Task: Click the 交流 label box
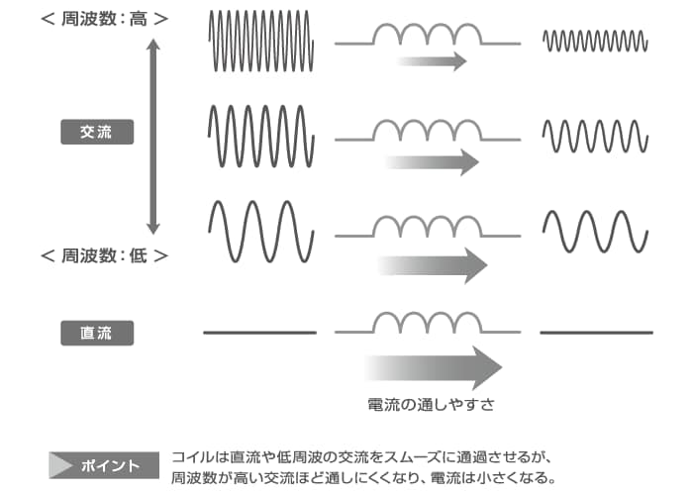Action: tap(97, 132)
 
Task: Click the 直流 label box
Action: tap(97, 333)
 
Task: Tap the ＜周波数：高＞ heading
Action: tap(105, 19)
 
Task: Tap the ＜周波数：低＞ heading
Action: tap(105, 255)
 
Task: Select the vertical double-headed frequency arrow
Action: tap(152, 136)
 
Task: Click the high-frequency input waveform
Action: tap(260, 41)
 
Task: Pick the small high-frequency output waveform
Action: tap(595, 41)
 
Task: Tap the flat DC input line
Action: tap(259, 333)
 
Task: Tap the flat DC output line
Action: tap(596, 333)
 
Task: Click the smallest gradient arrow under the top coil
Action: tap(433, 61)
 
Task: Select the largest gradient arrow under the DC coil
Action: tap(434, 367)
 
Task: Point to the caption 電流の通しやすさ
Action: tap(431, 404)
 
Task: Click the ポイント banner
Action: tap(104, 465)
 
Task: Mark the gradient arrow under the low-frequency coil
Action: tap(433, 265)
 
